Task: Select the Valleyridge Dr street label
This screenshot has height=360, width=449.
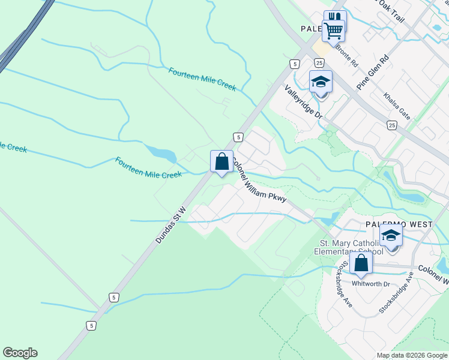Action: point(304,101)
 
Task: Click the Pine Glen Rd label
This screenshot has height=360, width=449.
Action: point(373,72)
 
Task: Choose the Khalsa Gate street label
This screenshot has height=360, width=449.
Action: point(397,106)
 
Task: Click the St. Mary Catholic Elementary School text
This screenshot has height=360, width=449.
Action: point(349,247)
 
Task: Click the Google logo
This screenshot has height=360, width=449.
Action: point(20,353)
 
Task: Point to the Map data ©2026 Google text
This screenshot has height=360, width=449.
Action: point(411,355)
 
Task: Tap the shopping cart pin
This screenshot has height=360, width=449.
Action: point(333,29)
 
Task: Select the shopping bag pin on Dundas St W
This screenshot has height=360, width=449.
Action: point(221,161)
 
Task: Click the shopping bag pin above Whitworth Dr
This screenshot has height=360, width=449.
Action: point(361,262)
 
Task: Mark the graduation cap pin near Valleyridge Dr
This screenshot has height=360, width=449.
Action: point(321,82)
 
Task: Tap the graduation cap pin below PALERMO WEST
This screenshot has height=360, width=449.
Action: point(391,235)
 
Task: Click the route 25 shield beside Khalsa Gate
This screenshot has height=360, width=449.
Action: point(392,125)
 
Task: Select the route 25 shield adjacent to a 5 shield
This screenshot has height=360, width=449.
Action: point(319,63)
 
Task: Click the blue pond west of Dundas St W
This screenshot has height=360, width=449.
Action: point(161,154)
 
